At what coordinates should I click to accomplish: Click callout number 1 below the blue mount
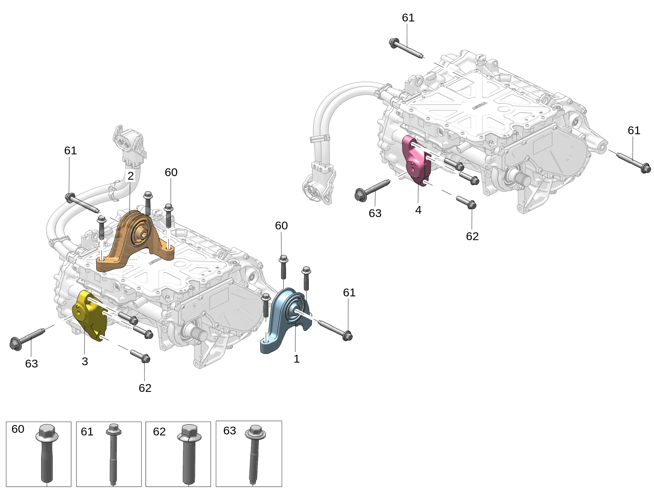[x=296, y=359]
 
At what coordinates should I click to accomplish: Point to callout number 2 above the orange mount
[x=130, y=176]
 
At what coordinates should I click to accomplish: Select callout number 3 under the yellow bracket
[x=85, y=361]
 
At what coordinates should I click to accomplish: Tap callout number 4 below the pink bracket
[x=418, y=210]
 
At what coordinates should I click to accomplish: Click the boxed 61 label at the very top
[x=408, y=18]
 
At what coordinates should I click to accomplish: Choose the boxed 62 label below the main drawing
[x=145, y=388]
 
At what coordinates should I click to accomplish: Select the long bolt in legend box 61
[x=113, y=453]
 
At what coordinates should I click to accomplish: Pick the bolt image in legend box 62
[x=189, y=453]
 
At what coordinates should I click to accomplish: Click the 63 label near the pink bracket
[x=375, y=213]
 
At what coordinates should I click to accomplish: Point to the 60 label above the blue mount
[x=281, y=226]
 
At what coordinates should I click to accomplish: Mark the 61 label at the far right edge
[x=634, y=130]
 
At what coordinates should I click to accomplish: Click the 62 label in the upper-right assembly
[x=472, y=236]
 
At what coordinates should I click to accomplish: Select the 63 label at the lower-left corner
[x=32, y=364]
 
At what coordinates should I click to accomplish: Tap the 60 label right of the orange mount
[x=171, y=172]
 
